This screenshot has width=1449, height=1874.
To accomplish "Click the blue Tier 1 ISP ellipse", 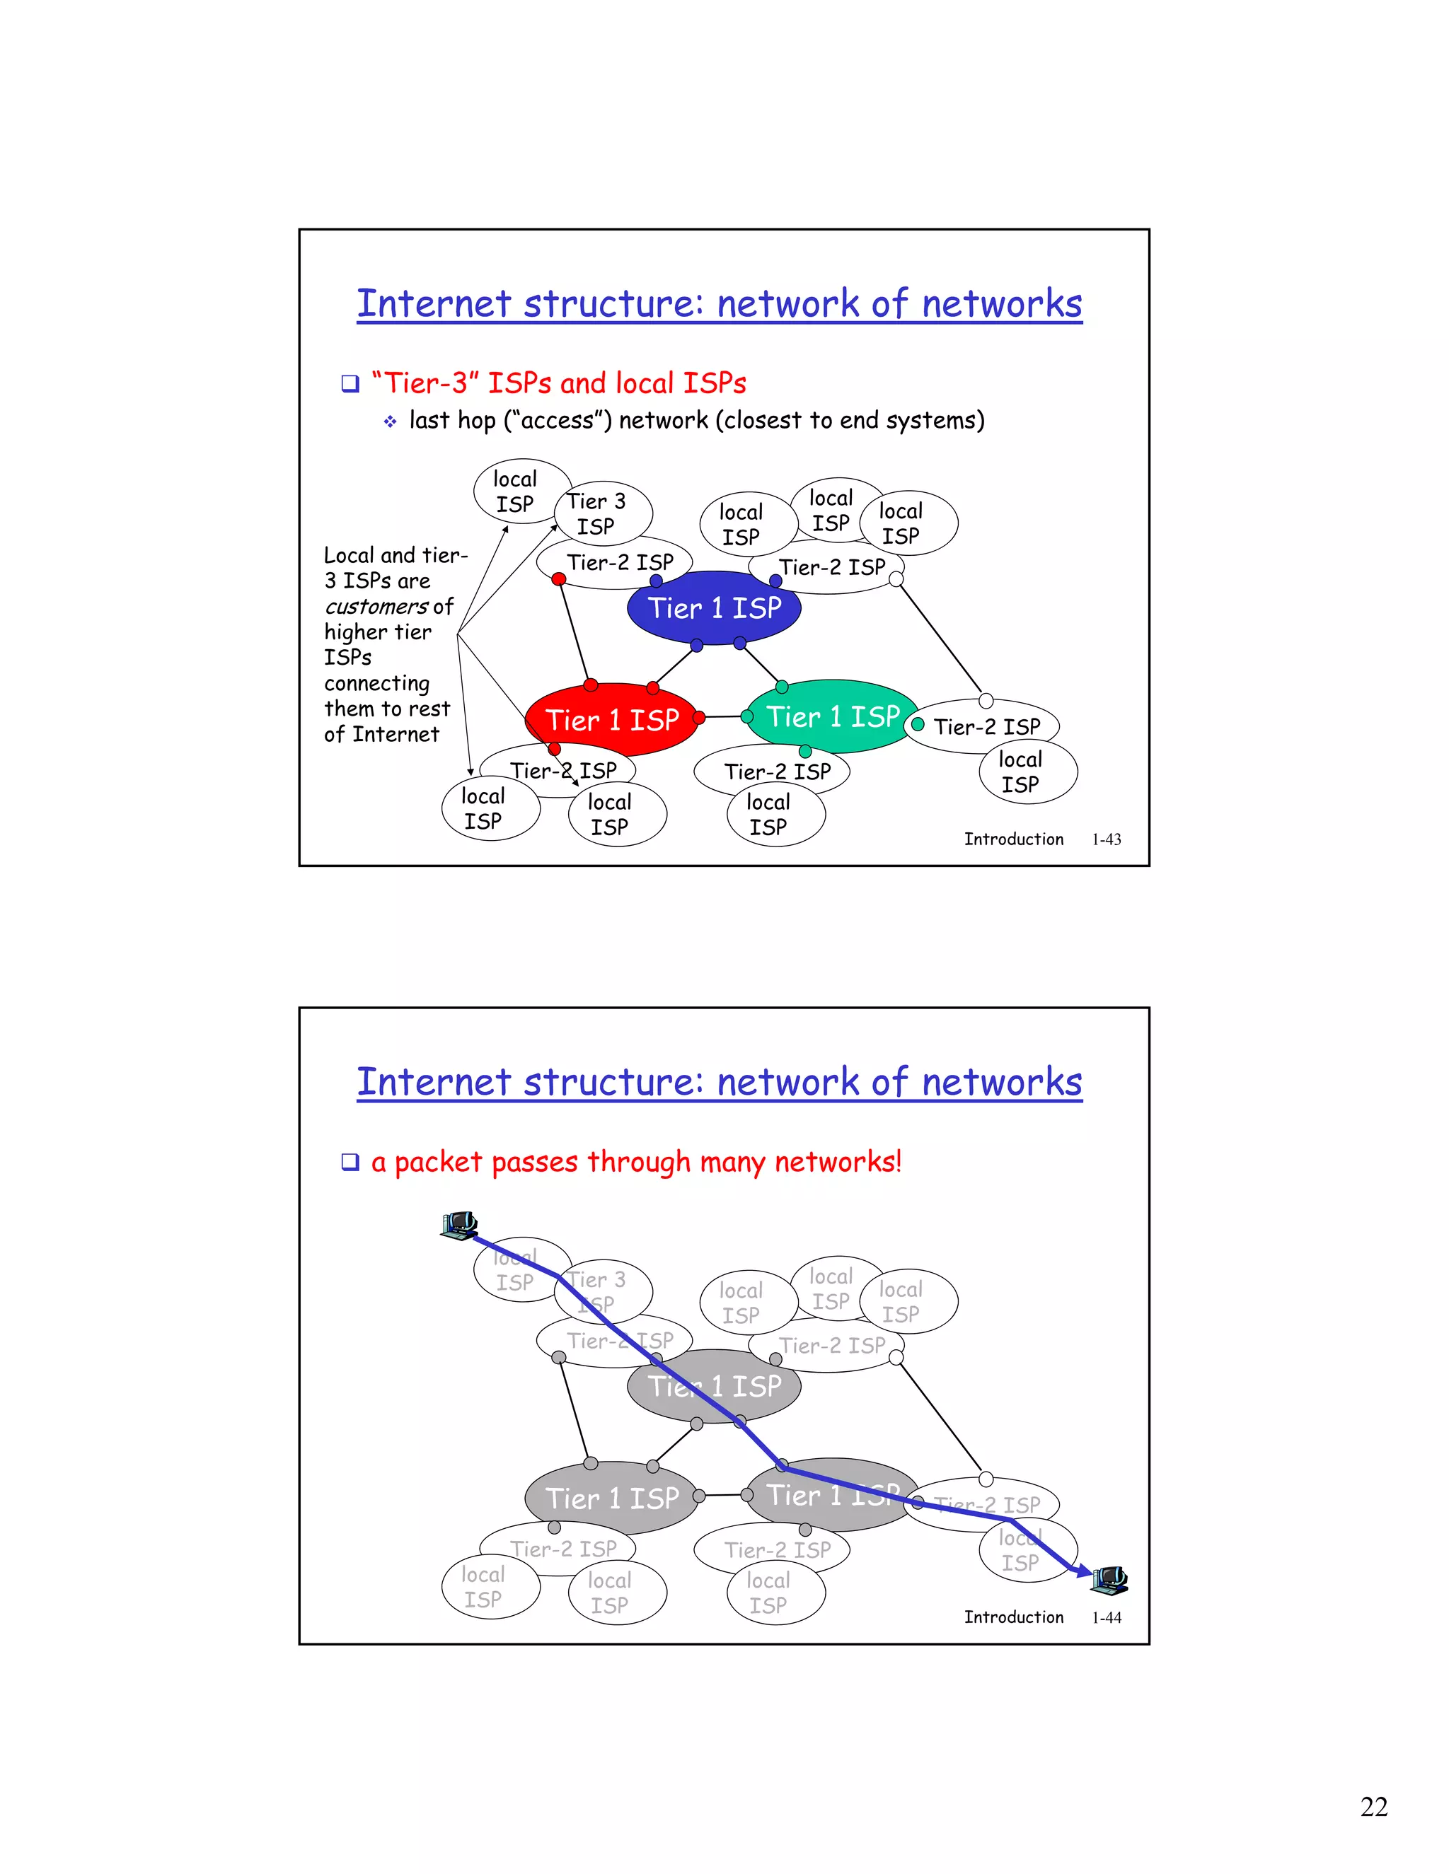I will (714, 607).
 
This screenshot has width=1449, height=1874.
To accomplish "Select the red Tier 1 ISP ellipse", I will (611, 719).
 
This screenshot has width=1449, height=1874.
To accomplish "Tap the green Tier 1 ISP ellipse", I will (831, 716).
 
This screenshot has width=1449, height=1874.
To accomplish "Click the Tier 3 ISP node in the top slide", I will (604, 513).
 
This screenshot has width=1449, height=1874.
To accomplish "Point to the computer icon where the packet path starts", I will (458, 1226).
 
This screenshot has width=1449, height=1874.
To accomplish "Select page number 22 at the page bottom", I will (1373, 1806).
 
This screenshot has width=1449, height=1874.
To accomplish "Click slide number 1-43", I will (1107, 839).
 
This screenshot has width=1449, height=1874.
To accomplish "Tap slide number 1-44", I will (1107, 1617).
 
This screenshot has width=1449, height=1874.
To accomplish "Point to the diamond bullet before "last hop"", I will (391, 421).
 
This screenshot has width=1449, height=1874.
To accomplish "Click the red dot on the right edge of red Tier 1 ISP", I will (699, 717).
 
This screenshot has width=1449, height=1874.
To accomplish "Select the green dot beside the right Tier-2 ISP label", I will (918, 724).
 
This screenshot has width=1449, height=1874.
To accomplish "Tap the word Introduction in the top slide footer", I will (1013, 839).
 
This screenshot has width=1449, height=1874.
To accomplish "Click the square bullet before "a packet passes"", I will (350, 1163).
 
